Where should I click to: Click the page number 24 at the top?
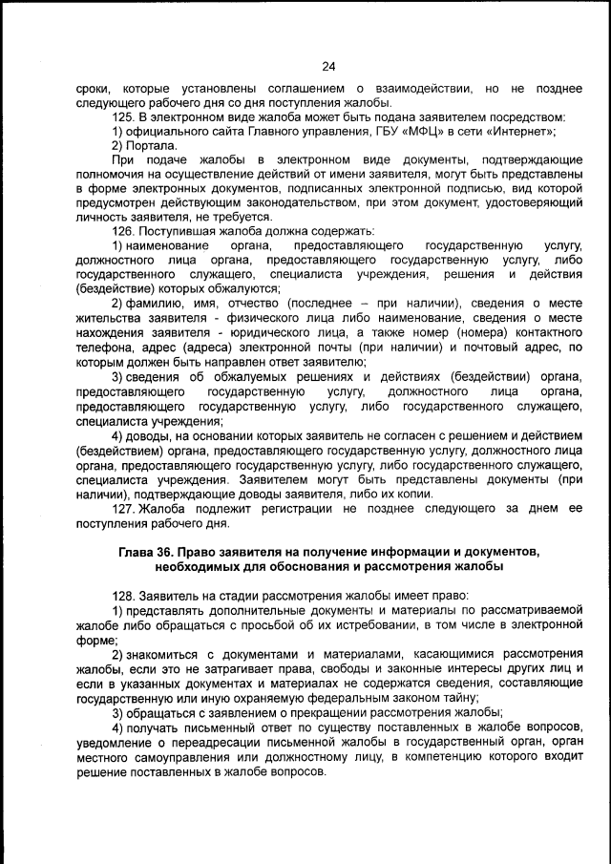point(328,66)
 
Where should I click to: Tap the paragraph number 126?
point(123,232)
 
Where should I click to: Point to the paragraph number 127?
point(123,509)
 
